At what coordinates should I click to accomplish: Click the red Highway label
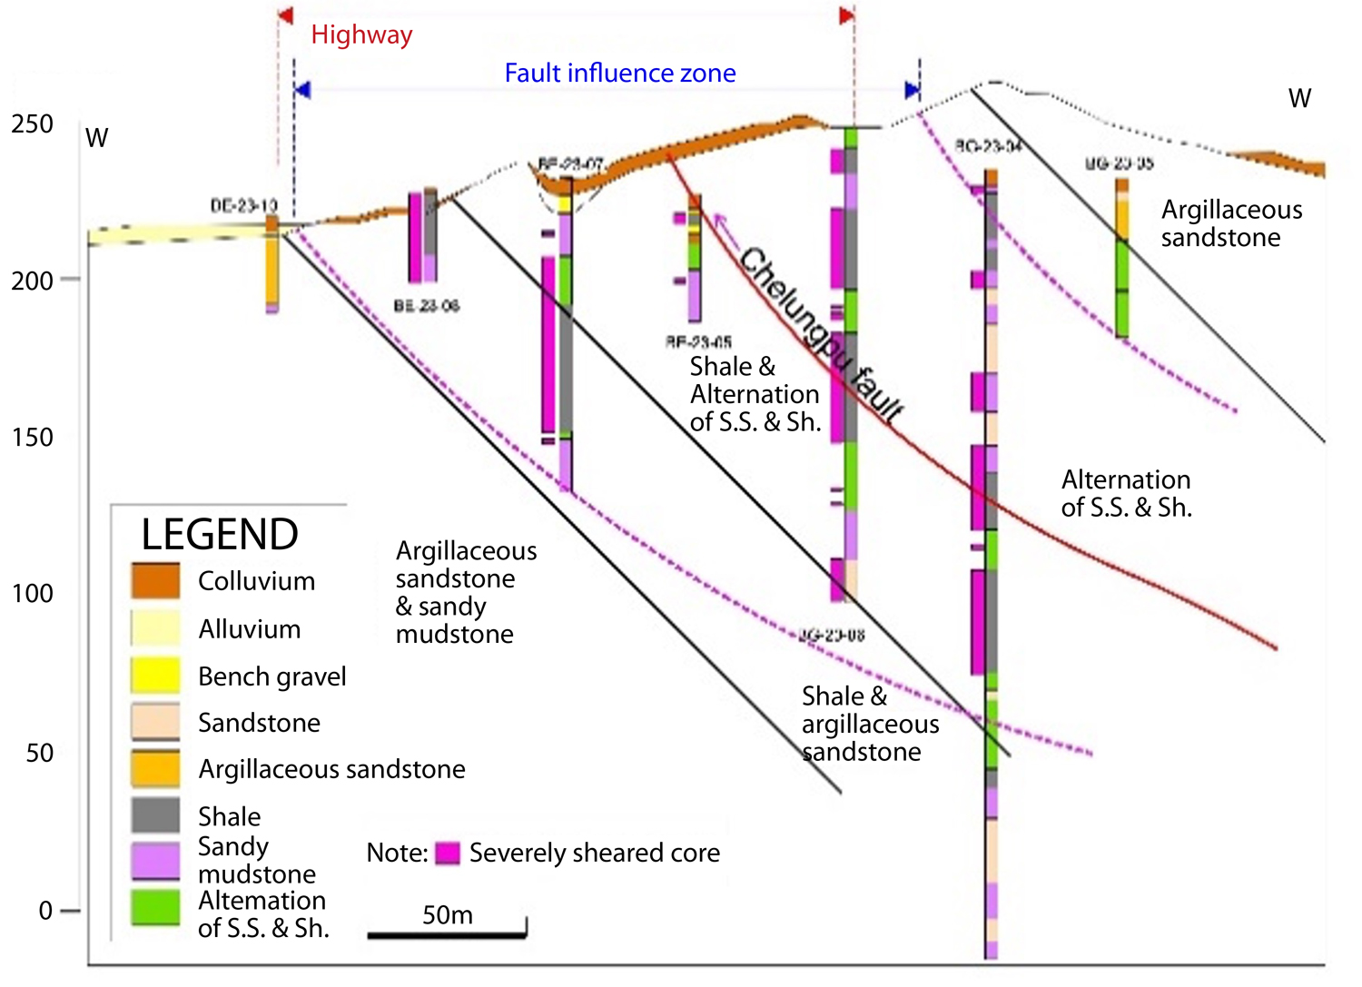[x=361, y=35]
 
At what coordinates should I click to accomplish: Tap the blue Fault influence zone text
[x=620, y=73]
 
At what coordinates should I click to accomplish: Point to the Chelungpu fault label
[x=822, y=335]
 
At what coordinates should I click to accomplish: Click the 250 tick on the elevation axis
[x=32, y=123]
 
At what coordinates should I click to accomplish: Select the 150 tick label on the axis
[x=32, y=437]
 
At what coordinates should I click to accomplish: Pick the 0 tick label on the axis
[x=45, y=911]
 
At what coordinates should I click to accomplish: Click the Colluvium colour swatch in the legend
[x=155, y=581]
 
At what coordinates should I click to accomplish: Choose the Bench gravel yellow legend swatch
[x=155, y=676]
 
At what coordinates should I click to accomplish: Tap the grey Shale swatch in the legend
[x=155, y=815]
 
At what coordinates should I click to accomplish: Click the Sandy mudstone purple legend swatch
[x=155, y=861]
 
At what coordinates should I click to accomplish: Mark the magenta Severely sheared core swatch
[x=448, y=854]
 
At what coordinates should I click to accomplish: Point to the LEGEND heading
[x=220, y=534]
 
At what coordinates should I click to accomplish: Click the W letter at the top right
[x=1299, y=98]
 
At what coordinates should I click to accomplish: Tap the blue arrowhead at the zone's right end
[x=913, y=89]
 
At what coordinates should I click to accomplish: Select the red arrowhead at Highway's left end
[x=285, y=15]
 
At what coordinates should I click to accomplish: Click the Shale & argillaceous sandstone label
[x=870, y=724]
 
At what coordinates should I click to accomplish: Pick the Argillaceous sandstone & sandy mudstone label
[x=466, y=592]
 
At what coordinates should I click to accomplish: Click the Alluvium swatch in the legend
[x=155, y=628]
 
